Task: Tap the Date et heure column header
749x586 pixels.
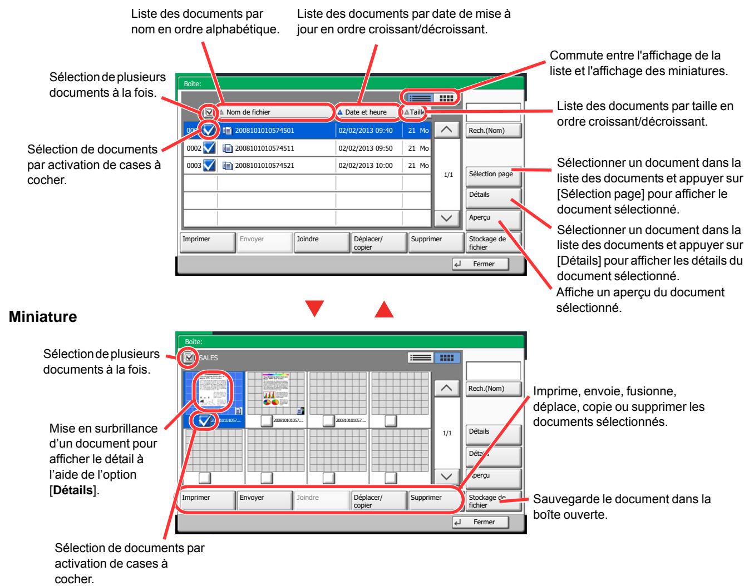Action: [x=366, y=112]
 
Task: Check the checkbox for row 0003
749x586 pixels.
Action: [x=210, y=166]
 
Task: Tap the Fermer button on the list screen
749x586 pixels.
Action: [x=482, y=264]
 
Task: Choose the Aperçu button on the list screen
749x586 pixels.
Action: [x=493, y=218]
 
